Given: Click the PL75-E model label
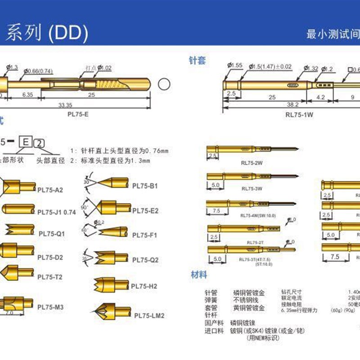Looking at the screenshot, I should pyautogui.click(x=78, y=115).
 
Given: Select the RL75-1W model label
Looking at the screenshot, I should pyautogui.click(x=299, y=114).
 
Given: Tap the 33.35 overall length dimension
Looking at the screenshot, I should pyautogui.click(x=65, y=105).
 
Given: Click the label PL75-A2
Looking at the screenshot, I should pyautogui.click(x=50, y=190).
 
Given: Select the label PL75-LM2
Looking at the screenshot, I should pyautogui.click(x=149, y=315).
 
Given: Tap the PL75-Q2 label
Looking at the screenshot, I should pyautogui.click(x=145, y=260).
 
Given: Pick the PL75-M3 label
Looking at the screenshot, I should pyautogui.click(x=50, y=307).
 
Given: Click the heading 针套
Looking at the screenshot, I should pyautogui.click(x=197, y=60).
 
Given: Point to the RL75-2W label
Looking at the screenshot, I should pyautogui.click(x=252, y=163).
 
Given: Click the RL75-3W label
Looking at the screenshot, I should pyautogui.click(x=252, y=189).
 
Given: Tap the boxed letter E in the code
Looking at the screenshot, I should pyautogui.click(x=26, y=142).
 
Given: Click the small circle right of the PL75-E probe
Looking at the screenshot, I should pyautogui.click(x=164, y=84).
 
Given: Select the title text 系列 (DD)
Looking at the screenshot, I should pyautogui.click(x=46, y=33).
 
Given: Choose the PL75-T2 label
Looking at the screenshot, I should pyautogui.click(x=50, y=277).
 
